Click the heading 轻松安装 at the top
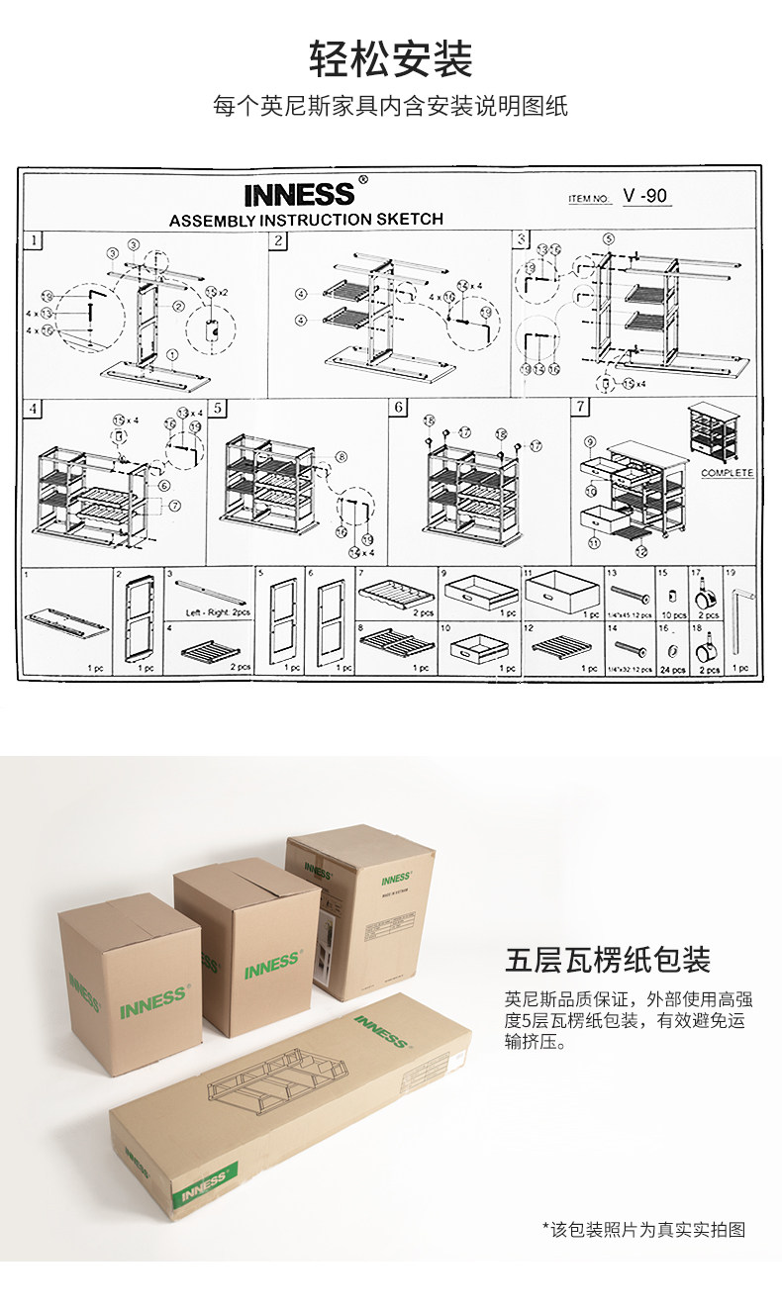[391, 59]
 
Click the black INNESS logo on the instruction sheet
[298, 194]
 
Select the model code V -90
[647, 196]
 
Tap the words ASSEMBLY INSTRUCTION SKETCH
[306, 220]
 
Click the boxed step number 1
[35, 240]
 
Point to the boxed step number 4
[35, 408]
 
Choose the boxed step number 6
[398, 408]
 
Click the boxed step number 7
[581, 407]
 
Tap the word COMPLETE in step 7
[727, 473]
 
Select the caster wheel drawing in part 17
[708, 597]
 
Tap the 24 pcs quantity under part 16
[672, 670]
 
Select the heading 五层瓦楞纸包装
[608, 959]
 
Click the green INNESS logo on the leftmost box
[152, 1000]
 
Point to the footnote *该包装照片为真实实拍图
[643, 1230]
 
